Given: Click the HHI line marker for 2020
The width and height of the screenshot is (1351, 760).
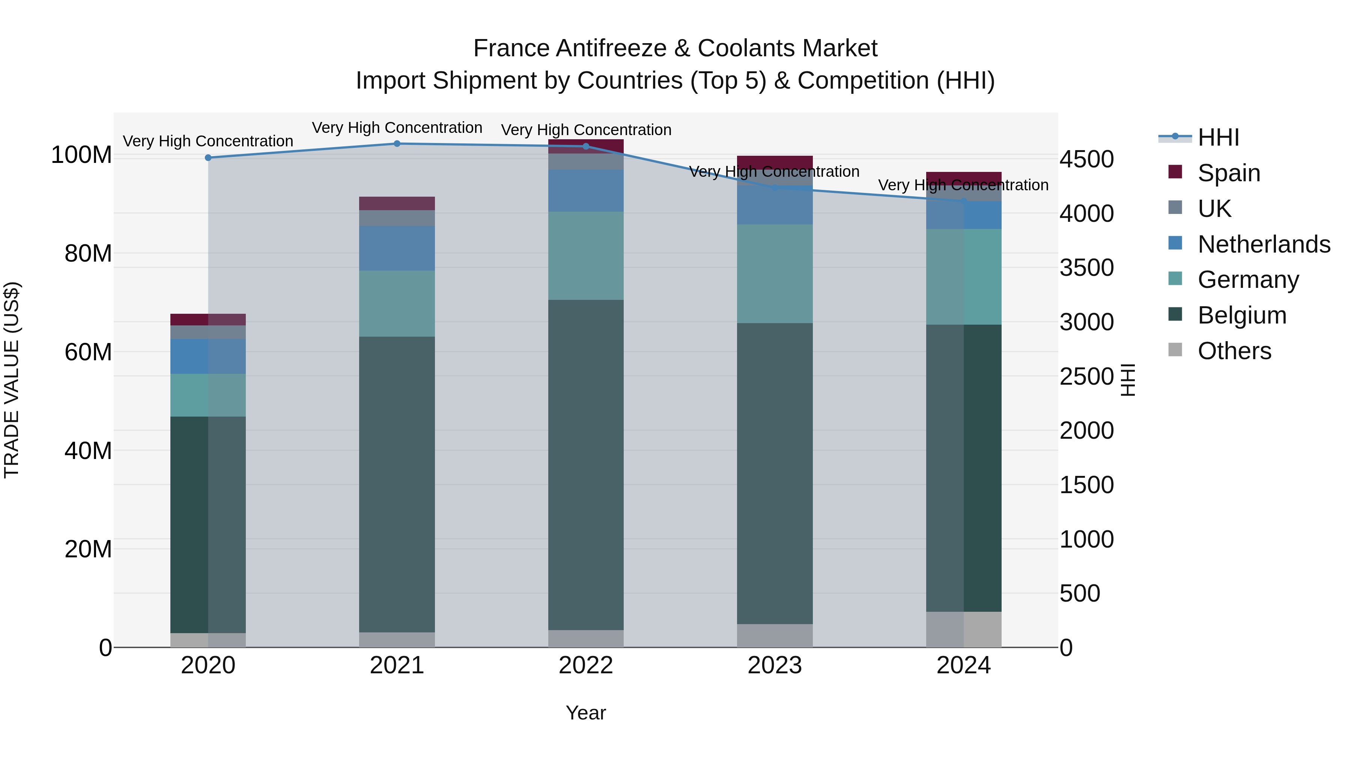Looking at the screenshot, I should pos(208,158).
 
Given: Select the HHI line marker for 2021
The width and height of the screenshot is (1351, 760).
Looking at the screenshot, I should pos(397,144).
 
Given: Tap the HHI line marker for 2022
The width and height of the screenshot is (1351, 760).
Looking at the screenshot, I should pos(586,146).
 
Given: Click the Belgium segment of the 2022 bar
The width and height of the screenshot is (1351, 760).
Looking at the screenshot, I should pos(586,464).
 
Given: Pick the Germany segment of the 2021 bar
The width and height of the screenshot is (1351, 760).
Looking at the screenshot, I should pos(397,304).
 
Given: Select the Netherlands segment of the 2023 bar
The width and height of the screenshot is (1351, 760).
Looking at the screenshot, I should pos(775,206).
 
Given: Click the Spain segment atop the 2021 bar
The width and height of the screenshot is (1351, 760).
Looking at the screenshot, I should pos(397,203).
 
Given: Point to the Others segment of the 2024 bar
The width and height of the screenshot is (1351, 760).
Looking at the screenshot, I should pos(963,629).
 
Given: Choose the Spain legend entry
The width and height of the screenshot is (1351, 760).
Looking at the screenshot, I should pos(1228,173).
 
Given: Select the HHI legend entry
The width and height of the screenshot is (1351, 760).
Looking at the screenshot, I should pos(1218,137).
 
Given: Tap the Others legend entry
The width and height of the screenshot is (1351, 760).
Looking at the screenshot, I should pos(1234,351).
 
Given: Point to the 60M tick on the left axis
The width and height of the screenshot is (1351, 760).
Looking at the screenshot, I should pos(88,352).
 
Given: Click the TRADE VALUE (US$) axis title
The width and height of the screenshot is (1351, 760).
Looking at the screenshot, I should pos(12,380).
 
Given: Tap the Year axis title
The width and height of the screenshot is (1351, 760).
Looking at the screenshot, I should pos(586,713).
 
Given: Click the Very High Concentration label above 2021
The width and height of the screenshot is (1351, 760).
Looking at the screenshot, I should pos(397,128).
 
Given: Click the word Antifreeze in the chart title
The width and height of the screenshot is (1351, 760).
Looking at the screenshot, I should pos(611,48).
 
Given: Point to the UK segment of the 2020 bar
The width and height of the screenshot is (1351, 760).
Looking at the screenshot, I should pos(208,332).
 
